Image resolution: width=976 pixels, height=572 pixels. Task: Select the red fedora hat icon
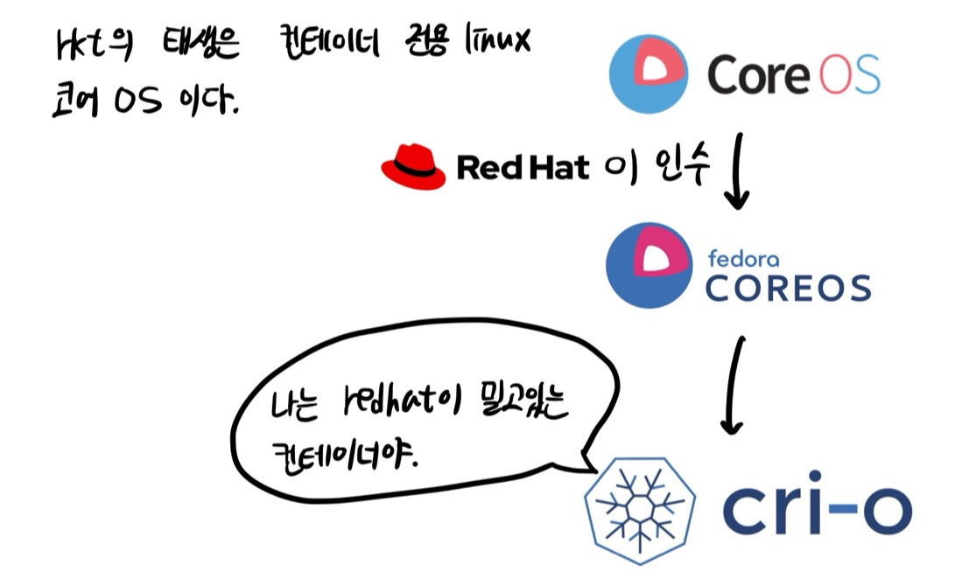[413, 166]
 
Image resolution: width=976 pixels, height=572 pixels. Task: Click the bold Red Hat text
[523, 167]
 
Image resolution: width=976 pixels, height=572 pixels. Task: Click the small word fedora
[742, 259]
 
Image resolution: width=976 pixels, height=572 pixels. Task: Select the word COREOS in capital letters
[788, 287]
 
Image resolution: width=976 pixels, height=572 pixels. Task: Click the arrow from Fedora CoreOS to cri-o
[734, 385]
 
